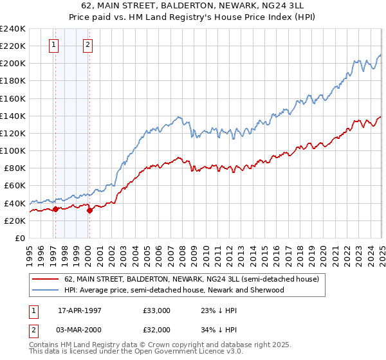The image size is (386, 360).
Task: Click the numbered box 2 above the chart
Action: coord(87,45)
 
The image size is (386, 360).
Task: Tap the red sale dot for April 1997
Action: coord(55,209)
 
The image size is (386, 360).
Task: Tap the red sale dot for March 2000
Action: coord(89,210)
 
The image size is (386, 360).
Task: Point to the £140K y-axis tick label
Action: coord(13,116)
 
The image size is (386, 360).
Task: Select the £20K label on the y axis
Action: coord(15,221)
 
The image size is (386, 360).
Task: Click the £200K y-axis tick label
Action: coord(13,64)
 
